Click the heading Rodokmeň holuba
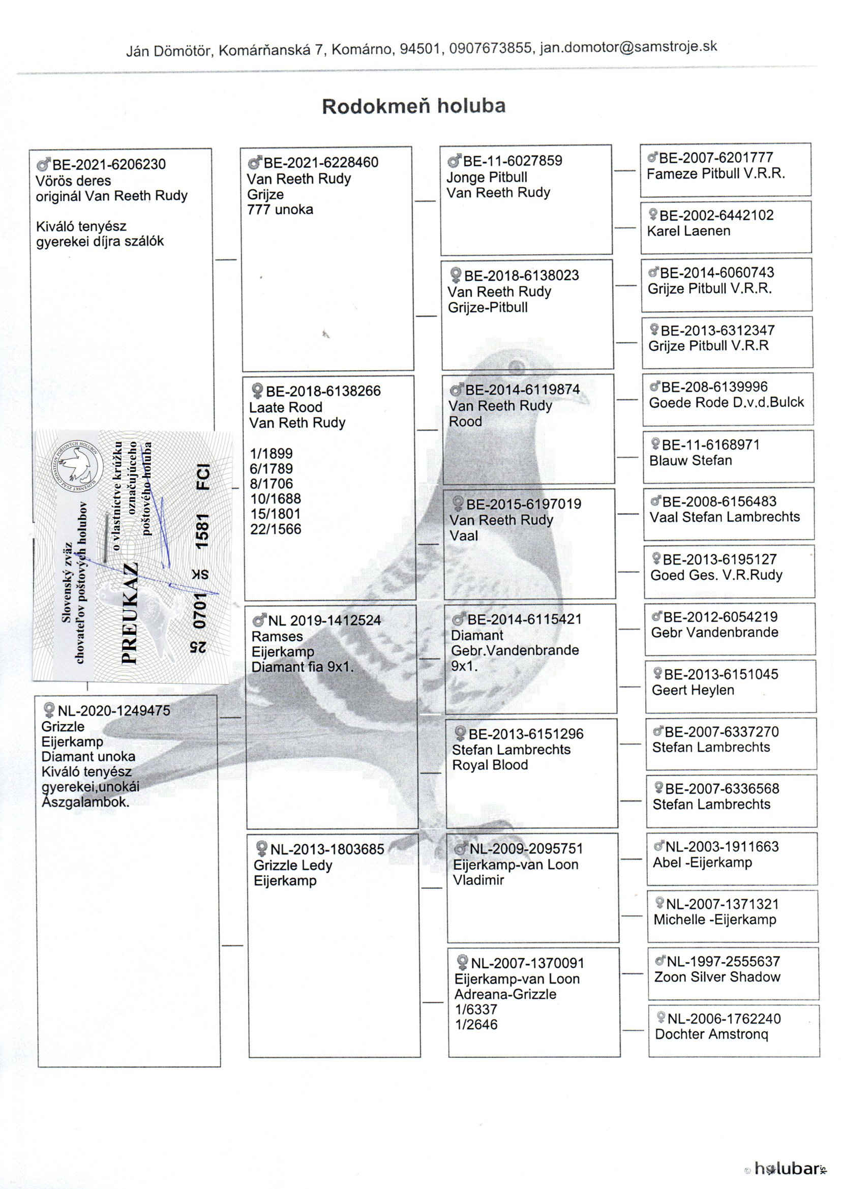[x=413, y=106]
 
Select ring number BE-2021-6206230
[x=109, y=165]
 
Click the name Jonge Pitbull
[x=487, y=177]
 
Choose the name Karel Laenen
[x=688, y=231]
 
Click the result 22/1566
[x=276, y=529]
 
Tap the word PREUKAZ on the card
[x=129, y=613]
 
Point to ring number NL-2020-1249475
[x=114, y=710]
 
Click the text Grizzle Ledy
[x=292, y=866]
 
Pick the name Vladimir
[x=478, y=880]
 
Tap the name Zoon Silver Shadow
[x=717, y=977]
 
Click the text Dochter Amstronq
[x=711, y=1034]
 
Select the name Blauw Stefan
[x=690, y=460]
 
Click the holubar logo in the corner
[x=787, y=1168]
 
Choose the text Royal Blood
[x=490, y=765]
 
